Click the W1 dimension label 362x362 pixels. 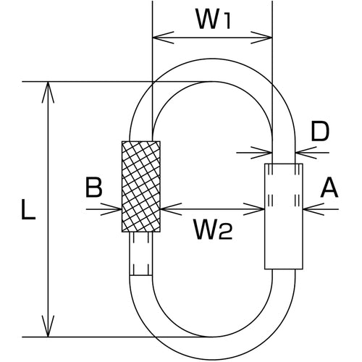(214, 20)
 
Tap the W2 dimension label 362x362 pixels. (213, 230)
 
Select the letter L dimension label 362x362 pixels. (28, 209)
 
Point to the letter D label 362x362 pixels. (320, 131)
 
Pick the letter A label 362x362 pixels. (329, 188)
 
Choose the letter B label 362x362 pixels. (94, 188)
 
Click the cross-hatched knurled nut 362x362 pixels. (141, 187)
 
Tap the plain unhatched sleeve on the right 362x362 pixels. (284, 216)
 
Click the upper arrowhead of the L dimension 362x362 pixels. (49, 93)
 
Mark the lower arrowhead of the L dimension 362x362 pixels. (49, 326)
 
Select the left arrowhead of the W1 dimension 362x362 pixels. (163, 38)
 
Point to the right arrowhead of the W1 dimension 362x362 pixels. (261, 38)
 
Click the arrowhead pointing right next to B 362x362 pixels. (111, 209)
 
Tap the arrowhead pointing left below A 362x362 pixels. (313, 209)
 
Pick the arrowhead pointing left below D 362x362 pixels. (306, 153)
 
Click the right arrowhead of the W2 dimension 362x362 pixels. (254, 209)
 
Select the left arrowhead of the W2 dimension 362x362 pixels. (171, 209)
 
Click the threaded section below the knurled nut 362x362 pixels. (141, 254)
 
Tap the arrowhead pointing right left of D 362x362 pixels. (261, 153)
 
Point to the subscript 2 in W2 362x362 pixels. (226, 233)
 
